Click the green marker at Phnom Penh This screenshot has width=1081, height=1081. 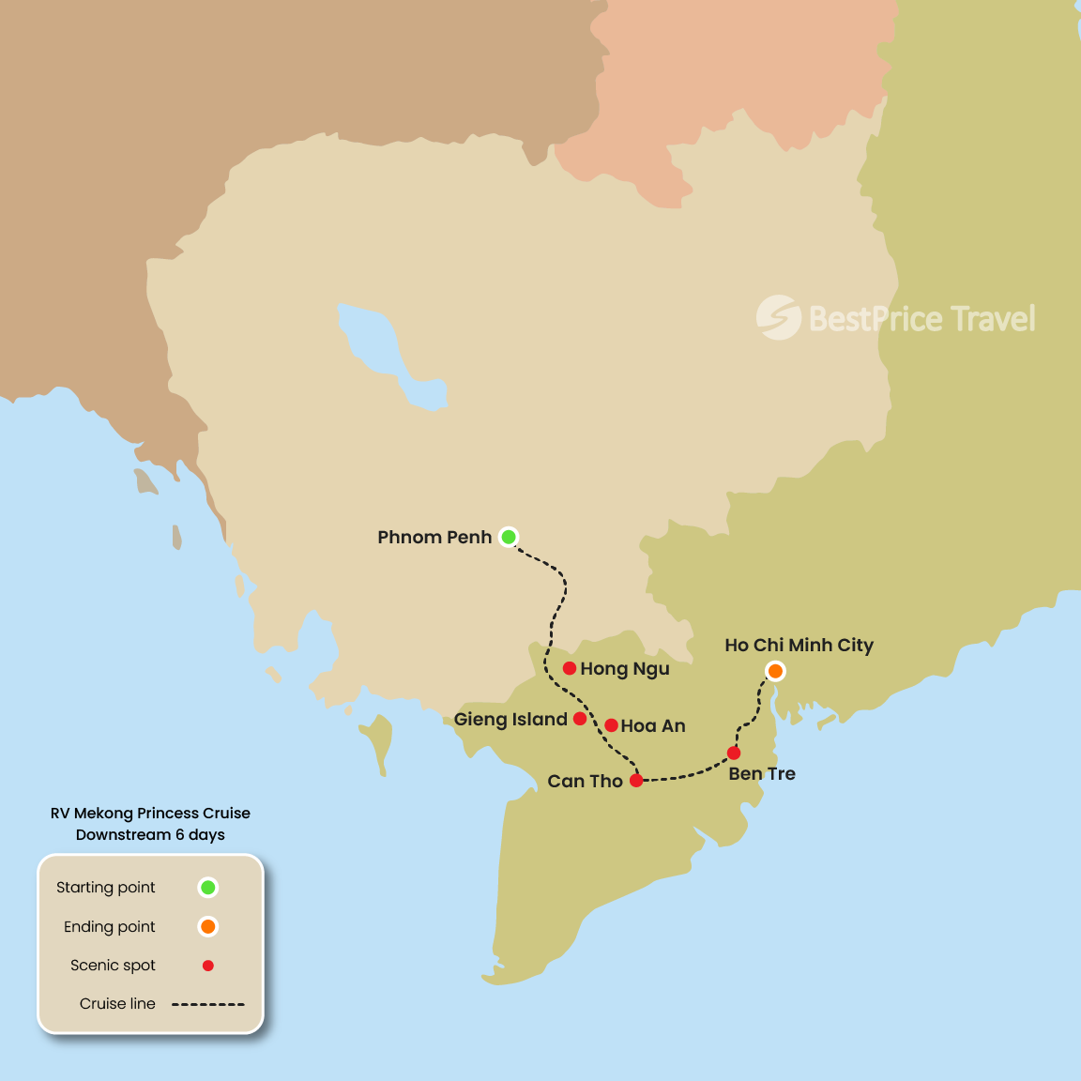509,537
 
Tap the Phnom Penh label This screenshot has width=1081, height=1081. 434,538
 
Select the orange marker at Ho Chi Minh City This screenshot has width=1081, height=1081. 775,671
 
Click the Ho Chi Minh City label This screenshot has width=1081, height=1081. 799,646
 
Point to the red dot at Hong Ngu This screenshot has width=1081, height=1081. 570,668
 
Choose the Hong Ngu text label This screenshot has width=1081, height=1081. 625,669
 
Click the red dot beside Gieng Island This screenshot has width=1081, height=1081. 580,719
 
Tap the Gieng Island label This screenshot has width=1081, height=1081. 510,720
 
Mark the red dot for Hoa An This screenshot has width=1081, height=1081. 611,725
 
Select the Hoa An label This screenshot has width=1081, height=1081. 653,726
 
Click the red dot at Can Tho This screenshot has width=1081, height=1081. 636,781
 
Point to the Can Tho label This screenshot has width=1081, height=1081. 585,782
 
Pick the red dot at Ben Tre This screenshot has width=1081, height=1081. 734,753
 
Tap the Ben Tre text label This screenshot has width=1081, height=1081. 762,774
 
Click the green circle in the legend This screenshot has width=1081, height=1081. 208,887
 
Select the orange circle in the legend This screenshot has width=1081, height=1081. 208,926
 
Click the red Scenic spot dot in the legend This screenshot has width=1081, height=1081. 208,966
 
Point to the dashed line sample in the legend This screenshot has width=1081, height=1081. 208,1004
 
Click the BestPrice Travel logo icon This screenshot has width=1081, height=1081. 778,317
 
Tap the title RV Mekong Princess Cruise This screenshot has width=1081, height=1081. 150,814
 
